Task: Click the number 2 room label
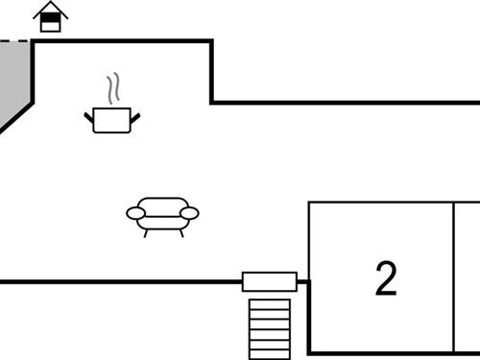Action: [385, 278]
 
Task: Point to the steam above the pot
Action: [115, 89]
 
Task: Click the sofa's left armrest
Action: [135, 213]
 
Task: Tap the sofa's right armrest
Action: [190, 213]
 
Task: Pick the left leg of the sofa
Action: [145, 231]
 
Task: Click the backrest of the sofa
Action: [163, 204]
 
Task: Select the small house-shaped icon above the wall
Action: [51, 17]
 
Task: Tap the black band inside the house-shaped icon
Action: [51, 18]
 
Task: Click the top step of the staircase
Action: [269, 303]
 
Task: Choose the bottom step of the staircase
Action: [269, 351]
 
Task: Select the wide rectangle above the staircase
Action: [270, 281]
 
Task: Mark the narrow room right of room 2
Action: [467, 276]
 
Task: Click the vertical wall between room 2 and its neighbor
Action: [453, 276]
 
